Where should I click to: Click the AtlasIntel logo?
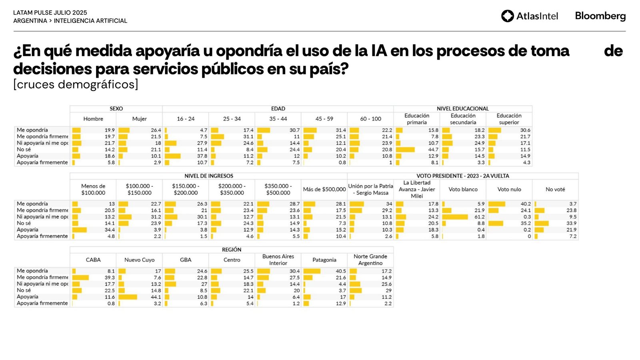(x=529, y=16)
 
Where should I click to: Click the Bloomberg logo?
(x=600, y=16)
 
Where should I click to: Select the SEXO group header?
(x=116, y=109)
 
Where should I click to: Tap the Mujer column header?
(x=139, y=119)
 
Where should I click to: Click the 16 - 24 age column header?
(x=186, y=119)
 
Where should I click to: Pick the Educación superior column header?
(x=509, y=119)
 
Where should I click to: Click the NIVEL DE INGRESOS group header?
(x=208, y=176)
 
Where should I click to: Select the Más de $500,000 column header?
(x=324, y=189)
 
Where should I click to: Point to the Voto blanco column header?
(x=463, y=189)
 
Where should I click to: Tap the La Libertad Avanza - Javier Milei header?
(x=417, y=189)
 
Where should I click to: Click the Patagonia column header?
(x=324, y=260)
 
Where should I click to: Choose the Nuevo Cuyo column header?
(x=139, y=260)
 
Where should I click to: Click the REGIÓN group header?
(x=232, y=250)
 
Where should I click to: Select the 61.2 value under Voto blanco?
(x=479, y=217)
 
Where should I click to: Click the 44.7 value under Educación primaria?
(x=433, y=150)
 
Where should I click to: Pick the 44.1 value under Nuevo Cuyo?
(x=156, y=297)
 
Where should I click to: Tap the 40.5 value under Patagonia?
(x=341, y=271)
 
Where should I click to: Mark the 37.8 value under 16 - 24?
(x=202, y=156)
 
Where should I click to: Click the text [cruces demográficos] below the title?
(x=76, y=84)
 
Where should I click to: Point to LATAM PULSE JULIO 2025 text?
(x=50, y=13)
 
